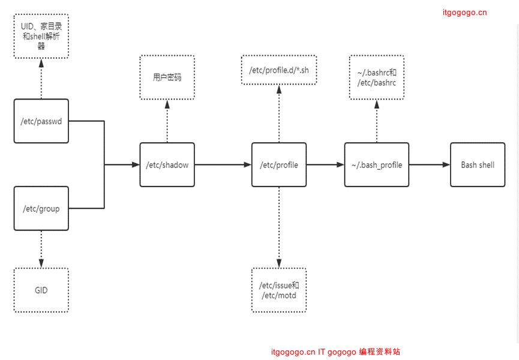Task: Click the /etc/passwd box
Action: (x=41, y=121)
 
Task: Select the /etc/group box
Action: (x=41, y=208)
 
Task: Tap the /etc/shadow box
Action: (x=167, y=164)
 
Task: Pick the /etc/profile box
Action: (x=278, y=164)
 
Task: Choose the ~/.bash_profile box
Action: (x=376, y=164)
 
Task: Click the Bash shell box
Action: (x=478, y=164)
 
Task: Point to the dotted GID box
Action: (x=41, y=290)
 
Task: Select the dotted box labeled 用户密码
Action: (x=167, y=77)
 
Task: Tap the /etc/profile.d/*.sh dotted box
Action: (x=278, y=70)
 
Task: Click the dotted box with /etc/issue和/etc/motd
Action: (x=278, y=290)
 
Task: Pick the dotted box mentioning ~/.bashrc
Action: (x=376, y=77)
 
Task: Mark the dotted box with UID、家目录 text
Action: (x=41, y=36)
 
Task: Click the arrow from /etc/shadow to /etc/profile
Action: (x=223, y=164)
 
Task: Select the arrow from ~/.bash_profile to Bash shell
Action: (x=429, y=164)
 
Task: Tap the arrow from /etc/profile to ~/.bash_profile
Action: (x=325, y=164)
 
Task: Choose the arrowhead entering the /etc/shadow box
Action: (x=135, y=164)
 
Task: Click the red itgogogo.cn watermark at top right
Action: (x=464, y=13)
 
